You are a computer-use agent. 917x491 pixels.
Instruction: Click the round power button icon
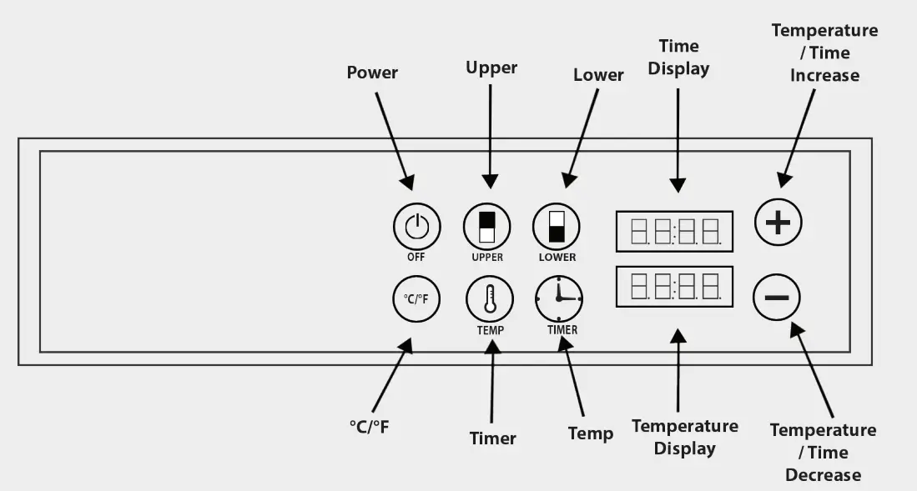click(x=416, y=225)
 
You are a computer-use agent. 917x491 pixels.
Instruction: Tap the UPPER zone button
click(x=486, y=226)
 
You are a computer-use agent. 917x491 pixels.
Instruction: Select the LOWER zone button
click(x=557, y=226)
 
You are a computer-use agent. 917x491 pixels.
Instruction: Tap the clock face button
click(x=559, y=298)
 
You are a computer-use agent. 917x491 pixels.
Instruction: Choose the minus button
click(x=777, y=298)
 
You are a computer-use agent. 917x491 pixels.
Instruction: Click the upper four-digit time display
click(x=674, y=232)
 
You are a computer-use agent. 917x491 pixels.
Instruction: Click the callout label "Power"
click(x=372, y=73)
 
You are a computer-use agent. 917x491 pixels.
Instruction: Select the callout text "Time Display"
click(x=678, y=57)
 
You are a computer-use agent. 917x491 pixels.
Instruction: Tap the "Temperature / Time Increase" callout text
click(x=824, y=53)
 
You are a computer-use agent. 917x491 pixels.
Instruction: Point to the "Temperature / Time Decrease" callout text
click(x=823, y=453)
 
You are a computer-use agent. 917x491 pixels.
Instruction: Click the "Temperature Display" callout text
click(x=684, y=438)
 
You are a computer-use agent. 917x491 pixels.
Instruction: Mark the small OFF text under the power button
click(x=416, y=258)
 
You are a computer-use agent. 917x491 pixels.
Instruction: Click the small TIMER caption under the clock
click(x=562, y=330)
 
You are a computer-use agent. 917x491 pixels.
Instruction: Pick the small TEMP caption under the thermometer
click(x=490, y=330)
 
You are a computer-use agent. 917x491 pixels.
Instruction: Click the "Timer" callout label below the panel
click(x=493, y=438)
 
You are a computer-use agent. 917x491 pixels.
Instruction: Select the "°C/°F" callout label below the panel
click(x=369, y=427)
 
